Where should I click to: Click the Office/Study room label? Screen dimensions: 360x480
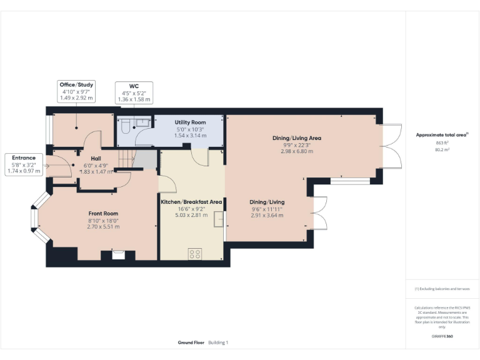pyautogui.click(x=76, y=84)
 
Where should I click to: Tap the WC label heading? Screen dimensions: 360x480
pyautogui.click(x=134, y=86)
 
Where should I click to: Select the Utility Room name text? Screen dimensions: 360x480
pyautogui.click(x=190, y=122)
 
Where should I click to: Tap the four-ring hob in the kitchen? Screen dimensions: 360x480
pyautogui.click(x=195, y=253)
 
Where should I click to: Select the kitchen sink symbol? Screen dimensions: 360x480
pyautogui.click(x=218, y=221)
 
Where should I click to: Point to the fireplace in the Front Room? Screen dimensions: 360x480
pyautogui.click(x=117, y=254)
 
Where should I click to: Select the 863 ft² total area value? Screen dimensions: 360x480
pyautogui.click(x=442, y=143)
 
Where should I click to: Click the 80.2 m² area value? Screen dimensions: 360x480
pyautogui.click(x=442, y=150)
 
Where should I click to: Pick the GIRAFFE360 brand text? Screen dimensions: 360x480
pyautogui.click(x=442, y=336)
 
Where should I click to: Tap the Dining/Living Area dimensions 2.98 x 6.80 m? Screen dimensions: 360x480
pyautogui.click(x=297, y=151)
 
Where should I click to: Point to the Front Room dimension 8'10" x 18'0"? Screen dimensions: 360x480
pyautogui.click(x=103, y=220)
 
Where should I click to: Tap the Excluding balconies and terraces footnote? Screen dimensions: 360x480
pyautogui.click(x=442, y=289)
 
